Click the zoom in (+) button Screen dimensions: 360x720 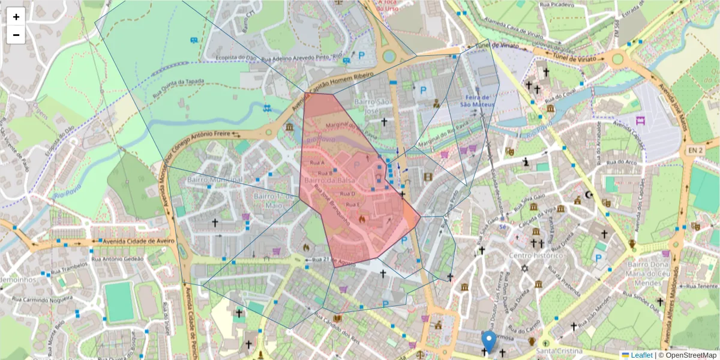[16, 17]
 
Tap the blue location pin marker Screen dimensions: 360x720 [489, 341]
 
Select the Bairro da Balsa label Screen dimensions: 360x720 [329, 181]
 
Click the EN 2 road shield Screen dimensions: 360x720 [694, 149]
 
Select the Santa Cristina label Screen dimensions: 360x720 [559, 351]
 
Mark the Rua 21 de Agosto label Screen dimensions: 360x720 [330, 260]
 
